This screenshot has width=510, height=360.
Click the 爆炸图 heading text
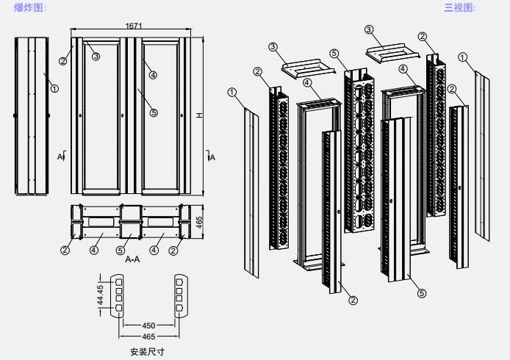click(31, 8)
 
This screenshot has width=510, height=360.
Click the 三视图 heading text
click(460, 8)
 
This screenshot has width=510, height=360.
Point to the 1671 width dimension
click(134, 26)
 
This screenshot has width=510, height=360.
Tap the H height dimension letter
click(200, 116)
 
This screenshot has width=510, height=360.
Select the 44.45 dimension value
click(101, 295)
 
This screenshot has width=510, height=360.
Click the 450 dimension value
click(149, 325)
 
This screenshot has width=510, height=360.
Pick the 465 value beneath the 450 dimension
click(149, 336)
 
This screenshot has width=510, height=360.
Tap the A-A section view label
click(134, 259)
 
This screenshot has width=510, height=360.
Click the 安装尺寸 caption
click(147, 351)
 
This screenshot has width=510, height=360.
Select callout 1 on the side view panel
click(54, 88)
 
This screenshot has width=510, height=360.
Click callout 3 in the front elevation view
click(96, 56)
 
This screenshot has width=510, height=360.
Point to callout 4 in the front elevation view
click(153, 74)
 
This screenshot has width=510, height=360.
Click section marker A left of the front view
click(60, 156)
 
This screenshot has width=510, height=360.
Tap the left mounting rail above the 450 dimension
click(117, 295)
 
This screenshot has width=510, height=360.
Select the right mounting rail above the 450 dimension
click(179, 295)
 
